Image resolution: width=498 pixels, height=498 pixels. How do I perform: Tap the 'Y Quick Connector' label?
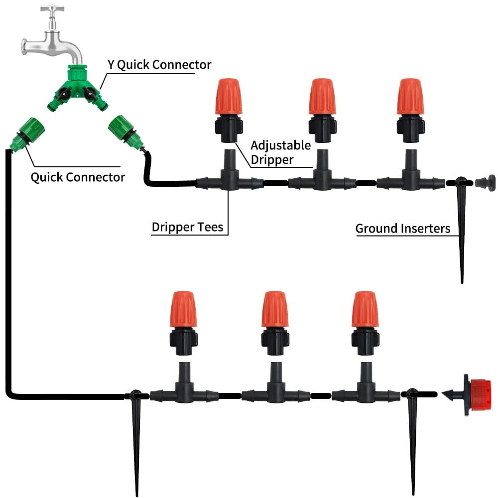(159, 65)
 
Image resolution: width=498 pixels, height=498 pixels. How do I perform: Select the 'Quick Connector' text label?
(78, 177)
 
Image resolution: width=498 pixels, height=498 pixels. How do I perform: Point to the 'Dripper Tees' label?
(188, 228)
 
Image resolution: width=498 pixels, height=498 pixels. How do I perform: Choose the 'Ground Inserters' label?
(402, 229)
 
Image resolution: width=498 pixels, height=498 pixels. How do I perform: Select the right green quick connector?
(124, 131)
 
